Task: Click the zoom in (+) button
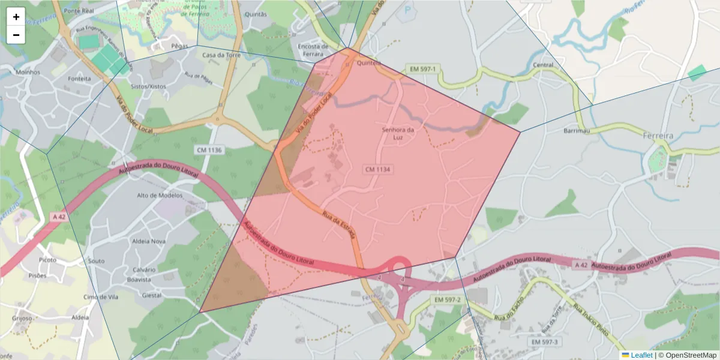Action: click(16, 17)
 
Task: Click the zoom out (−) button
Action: click(16, 35)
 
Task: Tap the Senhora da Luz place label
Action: click(398, 134)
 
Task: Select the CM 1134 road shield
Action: click(378, 170)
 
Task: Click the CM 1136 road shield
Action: click(209, 149)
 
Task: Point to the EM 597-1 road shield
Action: click(422, 70)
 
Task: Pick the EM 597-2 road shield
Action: click(447, 299)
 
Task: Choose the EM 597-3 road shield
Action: click(544, 341)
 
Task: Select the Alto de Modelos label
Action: click(159, 196)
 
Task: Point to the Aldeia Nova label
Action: click(148, 241)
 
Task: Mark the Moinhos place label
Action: click(28, 72)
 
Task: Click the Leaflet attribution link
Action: click(641, 355)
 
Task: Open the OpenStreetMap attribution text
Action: click(687, 355)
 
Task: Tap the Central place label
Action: click(543, 65)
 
